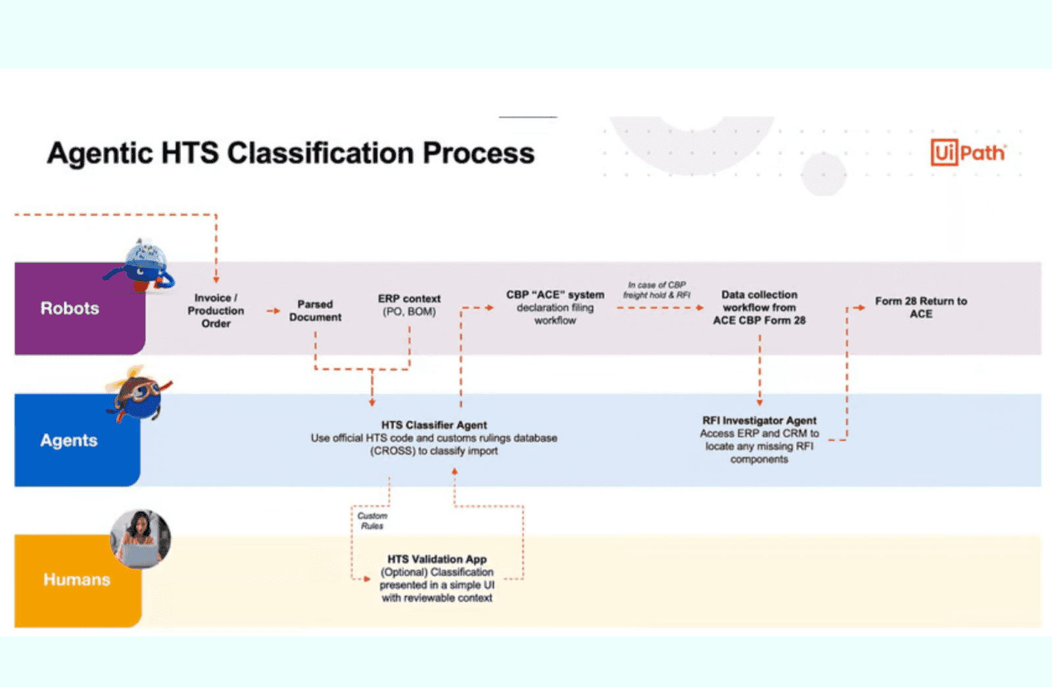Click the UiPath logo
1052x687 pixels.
pyautogui.click(x=968, y=153)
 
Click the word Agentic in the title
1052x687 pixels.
pyautogui.click(x=99, y=154)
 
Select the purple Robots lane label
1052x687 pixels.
pyautogui.click(x=70, y=308)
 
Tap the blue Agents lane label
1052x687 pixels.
pyautogui.click(x=69, y=440)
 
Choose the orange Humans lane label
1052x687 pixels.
pyautogui.click(x=76, y=580)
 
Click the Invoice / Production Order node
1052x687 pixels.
pyautogui.click(x=216, y=311)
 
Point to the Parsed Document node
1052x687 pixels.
pyautogui.click(x=315, y=311)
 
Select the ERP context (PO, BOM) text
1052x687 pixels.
pyautogui.click(x=409, y=305)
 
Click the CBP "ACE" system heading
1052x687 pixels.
pyautogui.click(x=555, y=295)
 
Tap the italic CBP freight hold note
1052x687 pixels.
pyautogui.click(x=656, y=290)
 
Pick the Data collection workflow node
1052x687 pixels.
pyautogui.click(x=759, y=308)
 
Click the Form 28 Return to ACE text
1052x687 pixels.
pyautogui.click(x=920, y=307)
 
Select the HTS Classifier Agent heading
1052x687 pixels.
pyautogui.click(x=434, y=425)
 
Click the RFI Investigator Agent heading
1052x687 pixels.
pyautogui.click(x=759, y=421)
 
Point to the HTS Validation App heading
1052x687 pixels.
pyautogui.click(x=437, y=559)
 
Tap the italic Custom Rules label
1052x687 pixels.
pyautogui.click(x=372, y=521)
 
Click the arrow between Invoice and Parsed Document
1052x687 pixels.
pyautogui.click(x=273, y=311)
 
